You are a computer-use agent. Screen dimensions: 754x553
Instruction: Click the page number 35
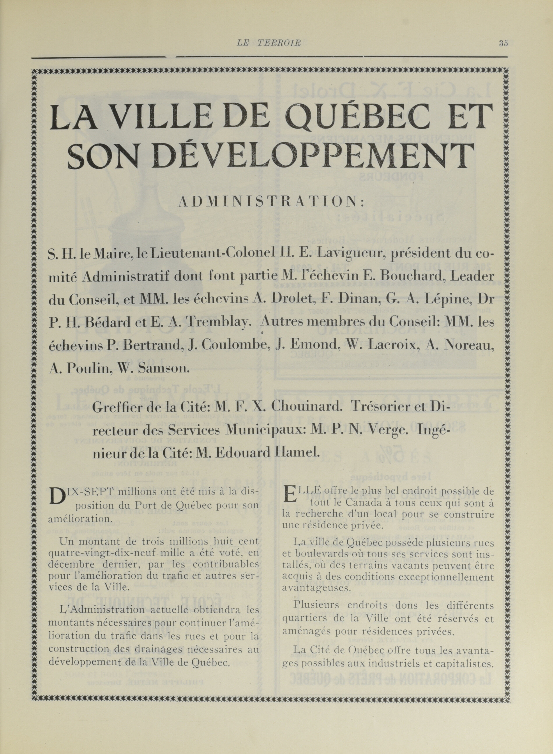click(x=503, y=44)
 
